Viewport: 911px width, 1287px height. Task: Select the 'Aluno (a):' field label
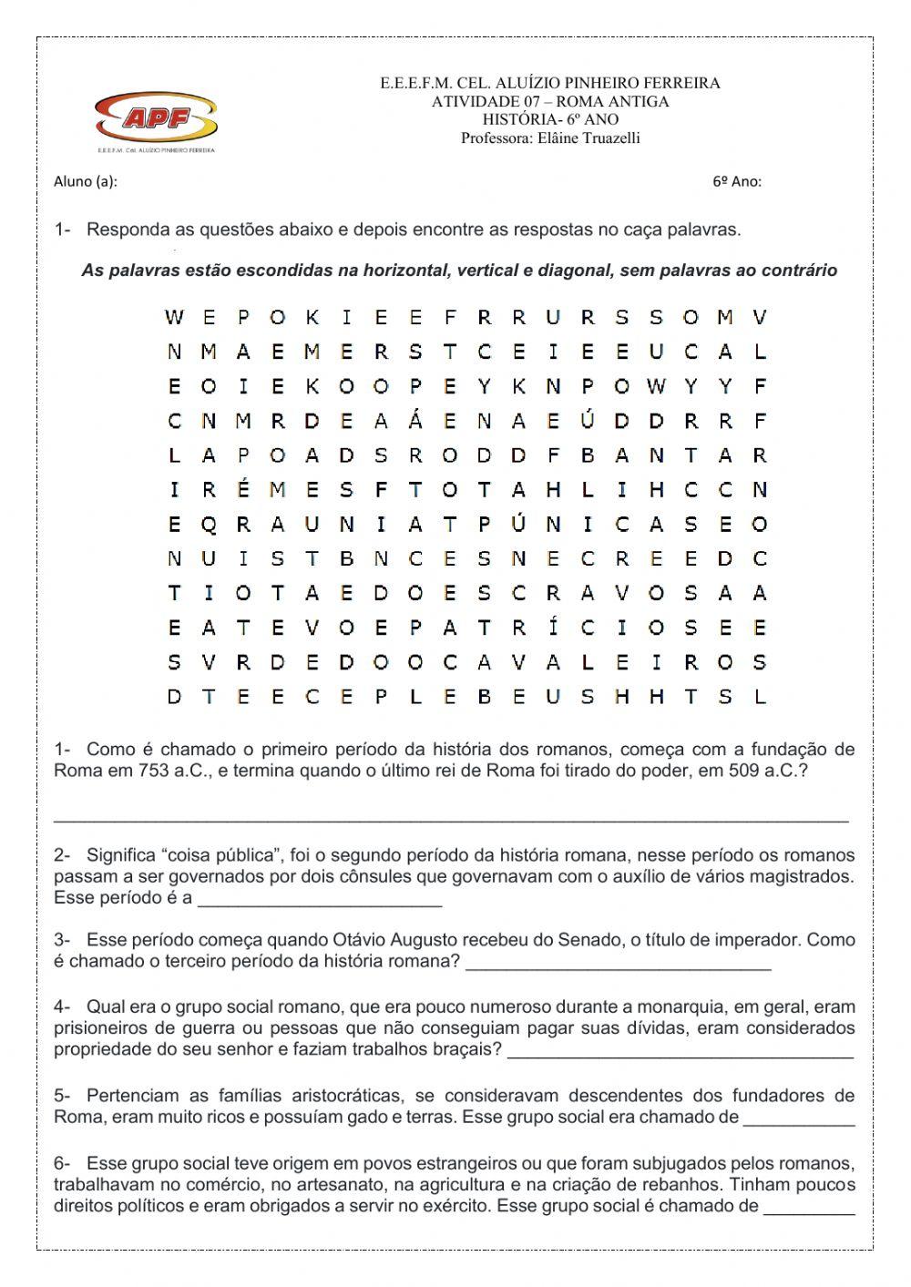coord(86,181)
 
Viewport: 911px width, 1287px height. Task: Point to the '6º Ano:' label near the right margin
coord(736,181)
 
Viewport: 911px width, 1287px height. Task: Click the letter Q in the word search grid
coord(209,525)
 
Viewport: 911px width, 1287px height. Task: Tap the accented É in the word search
coord(243,490)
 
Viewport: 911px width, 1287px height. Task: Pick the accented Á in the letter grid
coord(415,420)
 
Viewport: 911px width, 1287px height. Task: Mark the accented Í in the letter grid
coord(553,627)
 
